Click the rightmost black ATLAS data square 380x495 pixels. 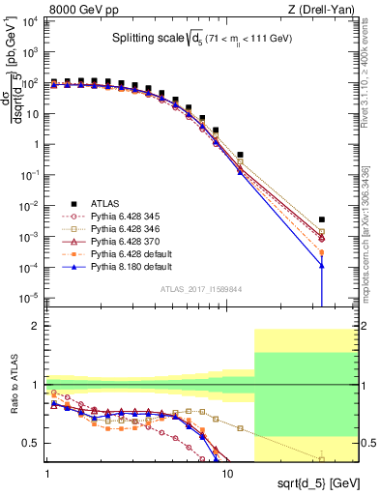(321, 219)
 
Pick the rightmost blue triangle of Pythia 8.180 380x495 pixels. (321, 266)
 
